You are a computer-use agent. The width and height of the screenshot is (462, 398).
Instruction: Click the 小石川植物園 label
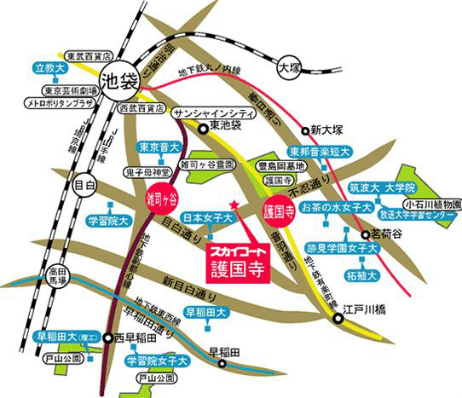(433, 205)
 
